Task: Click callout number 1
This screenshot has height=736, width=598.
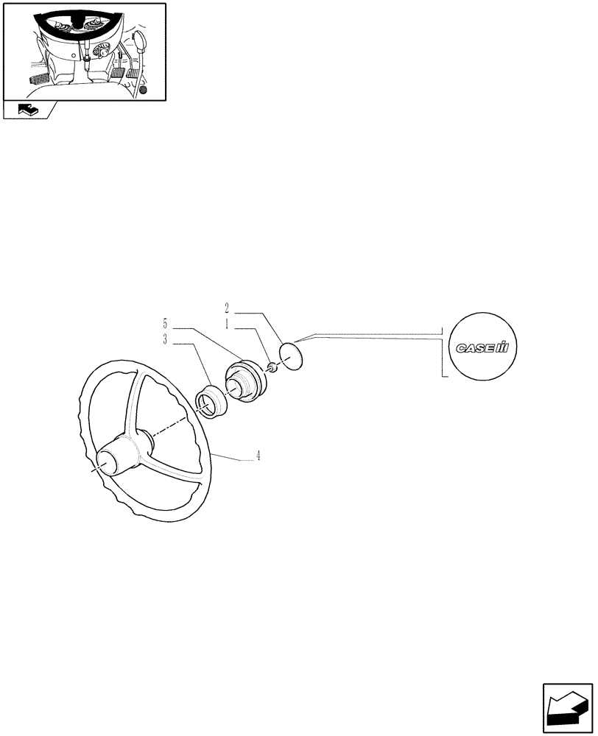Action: pos(228,322)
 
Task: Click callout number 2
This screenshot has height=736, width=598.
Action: pos(228,307)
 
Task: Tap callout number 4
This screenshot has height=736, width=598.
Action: pos(258,456)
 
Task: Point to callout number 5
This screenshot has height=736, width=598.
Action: pos(166,322)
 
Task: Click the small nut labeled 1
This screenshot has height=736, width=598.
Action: pos(271,367)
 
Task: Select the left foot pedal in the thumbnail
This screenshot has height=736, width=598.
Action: pos(39,79)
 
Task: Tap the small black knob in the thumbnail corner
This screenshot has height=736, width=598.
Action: pos(143,90)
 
